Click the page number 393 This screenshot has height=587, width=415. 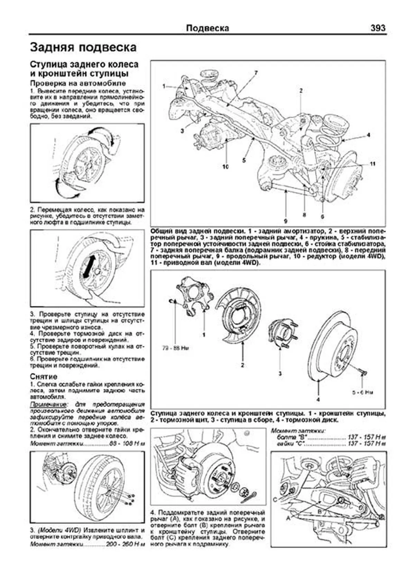[378, 28]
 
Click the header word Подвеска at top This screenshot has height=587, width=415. [207, 28]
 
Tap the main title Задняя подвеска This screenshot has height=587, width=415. [83, 47]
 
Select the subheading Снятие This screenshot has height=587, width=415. [44, 376]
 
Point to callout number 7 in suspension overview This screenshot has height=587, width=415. [256, 73]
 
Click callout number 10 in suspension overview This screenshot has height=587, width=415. [225, 167]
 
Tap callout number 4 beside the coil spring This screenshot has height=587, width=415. [369, 135]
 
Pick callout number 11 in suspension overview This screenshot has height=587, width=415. [372, 164]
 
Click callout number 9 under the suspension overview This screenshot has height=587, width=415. [286, 220]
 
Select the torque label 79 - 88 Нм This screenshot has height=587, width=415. [176, 348]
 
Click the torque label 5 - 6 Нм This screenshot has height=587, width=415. [362, 392]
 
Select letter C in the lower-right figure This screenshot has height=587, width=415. [275, 499]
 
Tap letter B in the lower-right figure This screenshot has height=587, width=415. [320, 511]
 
